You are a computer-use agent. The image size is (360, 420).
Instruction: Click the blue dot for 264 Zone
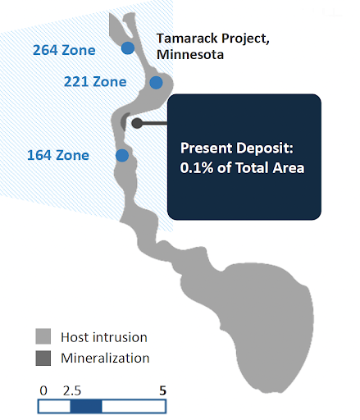(128, 48)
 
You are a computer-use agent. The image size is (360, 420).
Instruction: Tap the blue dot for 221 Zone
(156, 83)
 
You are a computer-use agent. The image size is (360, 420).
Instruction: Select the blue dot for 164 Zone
(122, 156)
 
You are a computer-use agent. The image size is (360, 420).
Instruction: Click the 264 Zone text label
(64, 50)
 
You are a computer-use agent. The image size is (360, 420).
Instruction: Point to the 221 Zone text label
(95, 82)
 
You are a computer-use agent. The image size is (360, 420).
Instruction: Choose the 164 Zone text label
(58, 155)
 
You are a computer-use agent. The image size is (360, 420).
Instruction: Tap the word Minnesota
(190, 54)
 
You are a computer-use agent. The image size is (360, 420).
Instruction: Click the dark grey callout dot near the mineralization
(137, 123)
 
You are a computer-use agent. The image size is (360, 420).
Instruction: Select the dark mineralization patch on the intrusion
(124, 121)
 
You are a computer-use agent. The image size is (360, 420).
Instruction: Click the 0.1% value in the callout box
(197, 167)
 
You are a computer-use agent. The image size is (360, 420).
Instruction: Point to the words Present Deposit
(237, 148)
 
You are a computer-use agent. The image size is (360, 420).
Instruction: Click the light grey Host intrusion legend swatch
(43, 336)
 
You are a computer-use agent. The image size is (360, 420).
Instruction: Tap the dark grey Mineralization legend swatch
(43, 358)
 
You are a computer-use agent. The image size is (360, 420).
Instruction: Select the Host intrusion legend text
(104, 337)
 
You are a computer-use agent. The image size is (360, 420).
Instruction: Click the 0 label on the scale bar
(43, 390)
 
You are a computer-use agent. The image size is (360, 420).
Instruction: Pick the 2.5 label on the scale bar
(72, 390)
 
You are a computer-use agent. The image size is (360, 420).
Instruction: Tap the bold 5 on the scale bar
(163, 390)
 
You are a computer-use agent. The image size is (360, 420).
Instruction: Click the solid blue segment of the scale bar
(86, 407)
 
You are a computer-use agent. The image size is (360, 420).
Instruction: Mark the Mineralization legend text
(105, 358)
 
